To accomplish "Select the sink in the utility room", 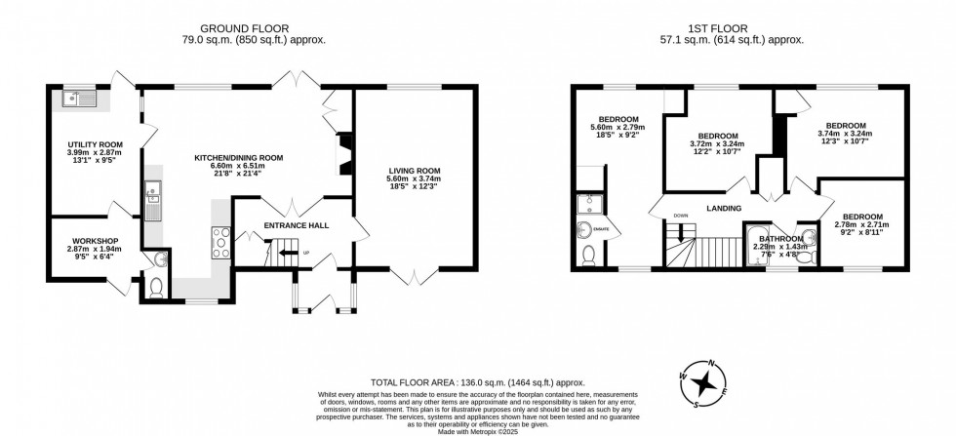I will (77, 98).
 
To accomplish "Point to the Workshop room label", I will (95, 241).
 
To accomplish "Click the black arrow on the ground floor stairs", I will (284, 254).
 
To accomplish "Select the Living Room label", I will (415, 171).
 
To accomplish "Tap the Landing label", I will (724, 208).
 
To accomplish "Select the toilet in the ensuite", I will (587, 254).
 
